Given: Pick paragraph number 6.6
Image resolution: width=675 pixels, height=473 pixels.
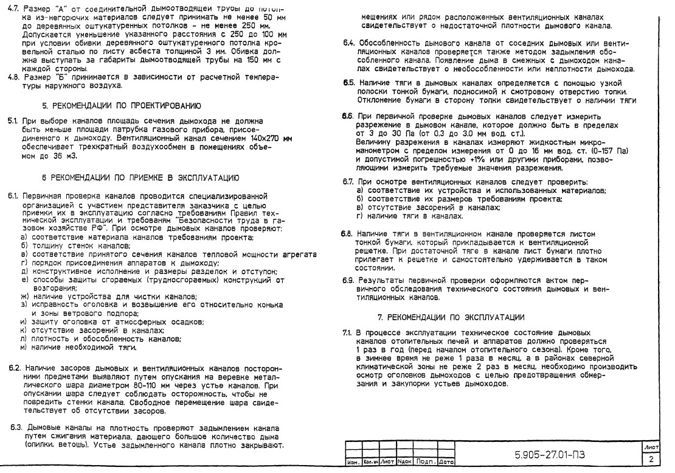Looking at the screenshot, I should (347, 116).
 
